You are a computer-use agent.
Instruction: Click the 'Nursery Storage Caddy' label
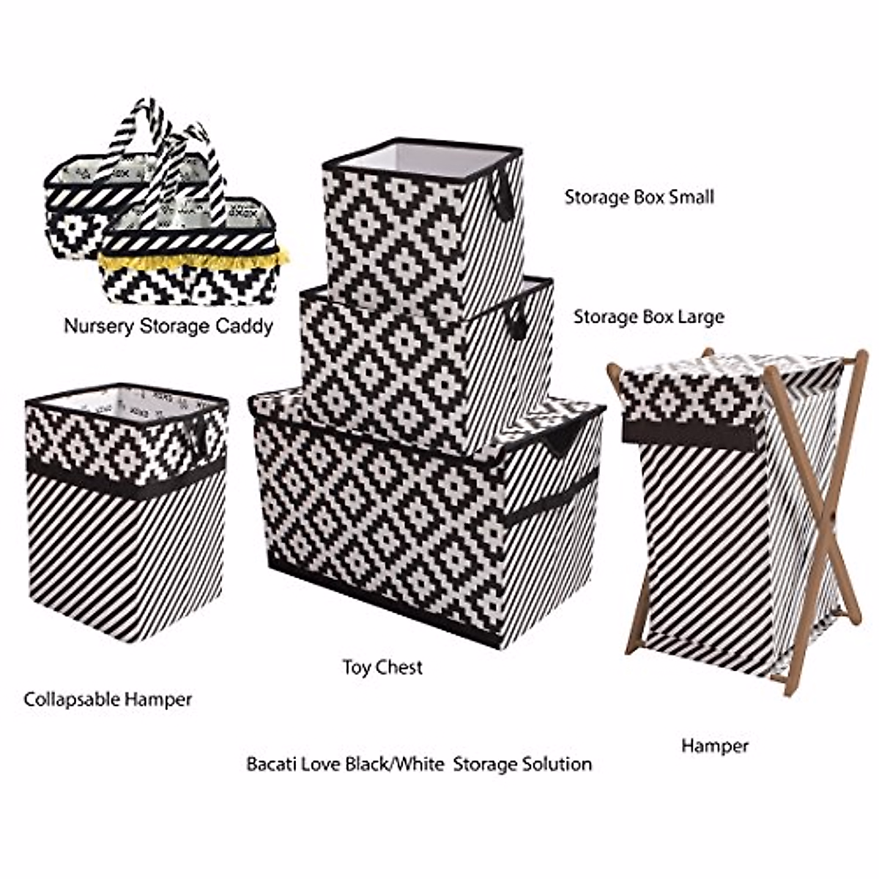click(168, 325)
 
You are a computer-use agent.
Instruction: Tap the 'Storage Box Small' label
click(639, 196)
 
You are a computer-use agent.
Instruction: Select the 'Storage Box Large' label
click(648, 316)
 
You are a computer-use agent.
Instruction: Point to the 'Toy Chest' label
click(382, 667)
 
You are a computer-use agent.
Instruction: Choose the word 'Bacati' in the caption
click(270, 764)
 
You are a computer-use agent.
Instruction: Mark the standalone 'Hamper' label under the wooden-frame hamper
click(714, 746)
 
